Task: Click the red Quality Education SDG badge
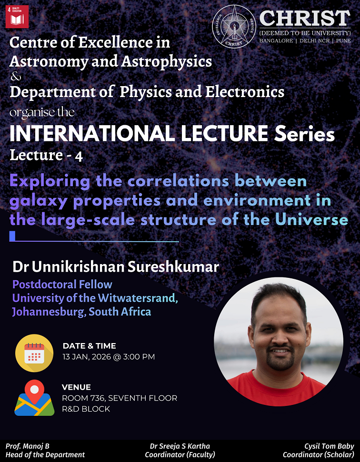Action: pos(17,17)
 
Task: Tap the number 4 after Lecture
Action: pos(79,157)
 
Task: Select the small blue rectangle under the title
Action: pos(12,236)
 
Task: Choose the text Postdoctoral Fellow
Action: pos(62,285)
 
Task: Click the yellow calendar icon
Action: pos(34,353)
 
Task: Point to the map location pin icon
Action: pos(34,398)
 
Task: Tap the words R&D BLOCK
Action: pos(86,409)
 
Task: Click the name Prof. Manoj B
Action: pos(26,446)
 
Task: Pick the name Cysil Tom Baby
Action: pos(329,446)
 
